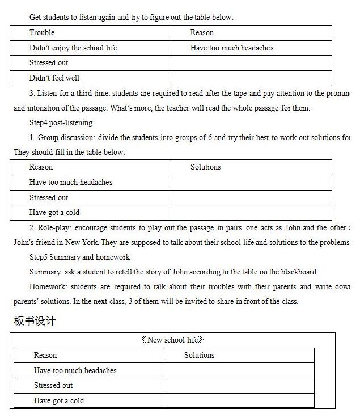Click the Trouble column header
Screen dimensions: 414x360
tap(42, 33)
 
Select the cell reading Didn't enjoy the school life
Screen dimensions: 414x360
tap(73, 48)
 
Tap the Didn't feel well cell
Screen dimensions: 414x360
tap(54, 78)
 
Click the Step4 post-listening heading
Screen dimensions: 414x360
tap(61, 122)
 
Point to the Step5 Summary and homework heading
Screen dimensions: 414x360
tap(79, 257)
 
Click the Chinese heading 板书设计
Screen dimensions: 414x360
tap(35, 322)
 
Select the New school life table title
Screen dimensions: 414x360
tap(172, 340)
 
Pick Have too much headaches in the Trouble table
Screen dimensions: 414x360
tap(232, 48)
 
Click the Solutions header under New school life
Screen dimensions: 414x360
tap(199, 356)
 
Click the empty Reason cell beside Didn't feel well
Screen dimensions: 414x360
tap(251, 78)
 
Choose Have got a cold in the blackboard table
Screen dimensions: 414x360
tap(59, 401)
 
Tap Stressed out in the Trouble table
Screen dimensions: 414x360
tap(49, 63)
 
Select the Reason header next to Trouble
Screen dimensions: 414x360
tap(202, 33)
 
